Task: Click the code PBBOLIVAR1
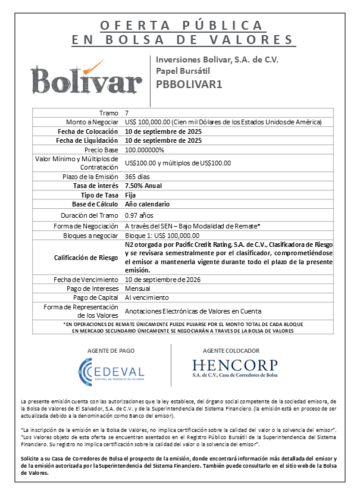pos(189,84)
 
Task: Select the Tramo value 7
pos(127,112)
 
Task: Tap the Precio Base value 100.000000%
pos(145,150)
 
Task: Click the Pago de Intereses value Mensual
pos(137,288)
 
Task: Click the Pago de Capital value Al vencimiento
pos(147,297)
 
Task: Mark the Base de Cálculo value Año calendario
pos(147,203)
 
